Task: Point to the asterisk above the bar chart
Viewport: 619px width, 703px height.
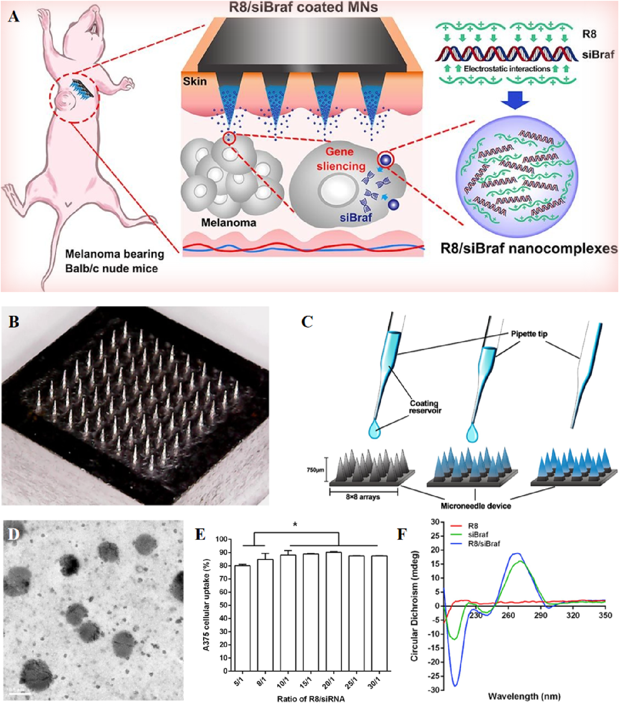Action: (x=296, y=524)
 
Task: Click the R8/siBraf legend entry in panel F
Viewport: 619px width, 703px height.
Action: (x=484, y=544)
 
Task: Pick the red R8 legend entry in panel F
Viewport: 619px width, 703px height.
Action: (x=473, y=526)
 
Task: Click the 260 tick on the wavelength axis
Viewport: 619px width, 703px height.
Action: (x=508, y=615)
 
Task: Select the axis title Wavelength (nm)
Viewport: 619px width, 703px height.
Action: (x=524, y=696)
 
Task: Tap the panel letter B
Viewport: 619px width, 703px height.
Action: (x=14, y=322)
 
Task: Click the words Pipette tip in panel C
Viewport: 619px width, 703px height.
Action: (x=529, y=334)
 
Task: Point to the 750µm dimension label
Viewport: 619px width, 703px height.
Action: (x=315, y=470)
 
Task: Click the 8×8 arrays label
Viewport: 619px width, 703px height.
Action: (x=363, y=497)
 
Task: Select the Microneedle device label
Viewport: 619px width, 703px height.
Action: (x=475, y=506)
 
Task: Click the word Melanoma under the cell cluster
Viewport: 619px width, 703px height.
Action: (x=228, y=223)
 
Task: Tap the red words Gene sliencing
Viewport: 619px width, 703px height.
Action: (x=341, y=159)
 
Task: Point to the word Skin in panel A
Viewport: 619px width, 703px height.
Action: (x=195, y=81)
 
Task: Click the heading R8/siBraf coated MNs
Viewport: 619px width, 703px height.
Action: (x=303, y=7)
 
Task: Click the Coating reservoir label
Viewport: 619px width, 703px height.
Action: (x=424, y=407)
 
